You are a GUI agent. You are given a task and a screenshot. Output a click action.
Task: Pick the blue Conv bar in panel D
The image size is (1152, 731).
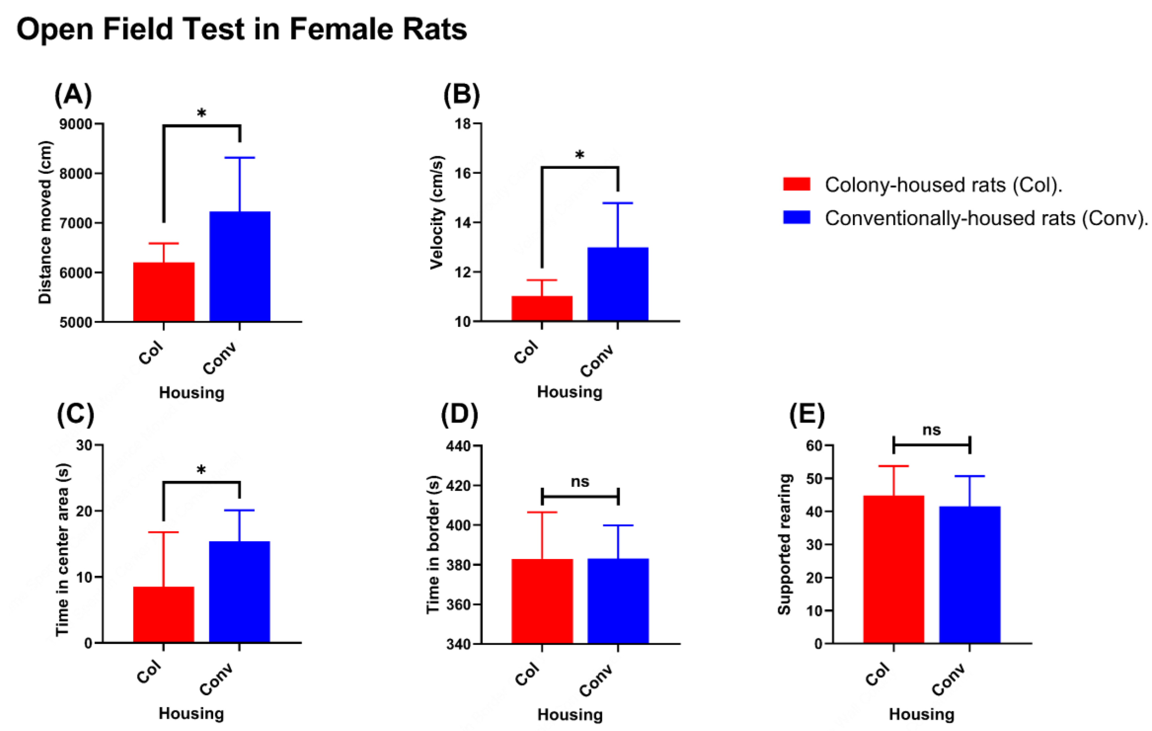618,600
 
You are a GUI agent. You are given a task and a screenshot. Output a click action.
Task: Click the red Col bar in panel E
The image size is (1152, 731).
893,569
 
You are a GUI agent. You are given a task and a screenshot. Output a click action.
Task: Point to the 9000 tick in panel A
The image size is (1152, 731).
76,124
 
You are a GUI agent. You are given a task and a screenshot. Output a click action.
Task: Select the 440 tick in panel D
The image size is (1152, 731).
458,446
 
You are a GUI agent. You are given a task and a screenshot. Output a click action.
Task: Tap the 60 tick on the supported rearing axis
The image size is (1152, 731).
814,445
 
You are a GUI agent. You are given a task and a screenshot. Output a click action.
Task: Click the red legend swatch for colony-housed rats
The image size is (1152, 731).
796,184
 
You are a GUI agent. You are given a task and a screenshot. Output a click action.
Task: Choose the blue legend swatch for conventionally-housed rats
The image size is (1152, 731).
796,217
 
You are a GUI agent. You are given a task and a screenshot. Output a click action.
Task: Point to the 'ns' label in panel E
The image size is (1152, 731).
932,430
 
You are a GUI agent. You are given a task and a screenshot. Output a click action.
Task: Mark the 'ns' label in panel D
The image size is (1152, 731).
580,481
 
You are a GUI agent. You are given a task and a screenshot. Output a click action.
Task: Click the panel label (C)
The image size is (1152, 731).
76,414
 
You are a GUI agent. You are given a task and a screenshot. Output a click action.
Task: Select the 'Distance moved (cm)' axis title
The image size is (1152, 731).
45,222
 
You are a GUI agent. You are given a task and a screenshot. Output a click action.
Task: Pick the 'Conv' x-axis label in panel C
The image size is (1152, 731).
217,679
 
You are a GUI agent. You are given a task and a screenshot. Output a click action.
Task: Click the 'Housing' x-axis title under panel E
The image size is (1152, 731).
921,714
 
